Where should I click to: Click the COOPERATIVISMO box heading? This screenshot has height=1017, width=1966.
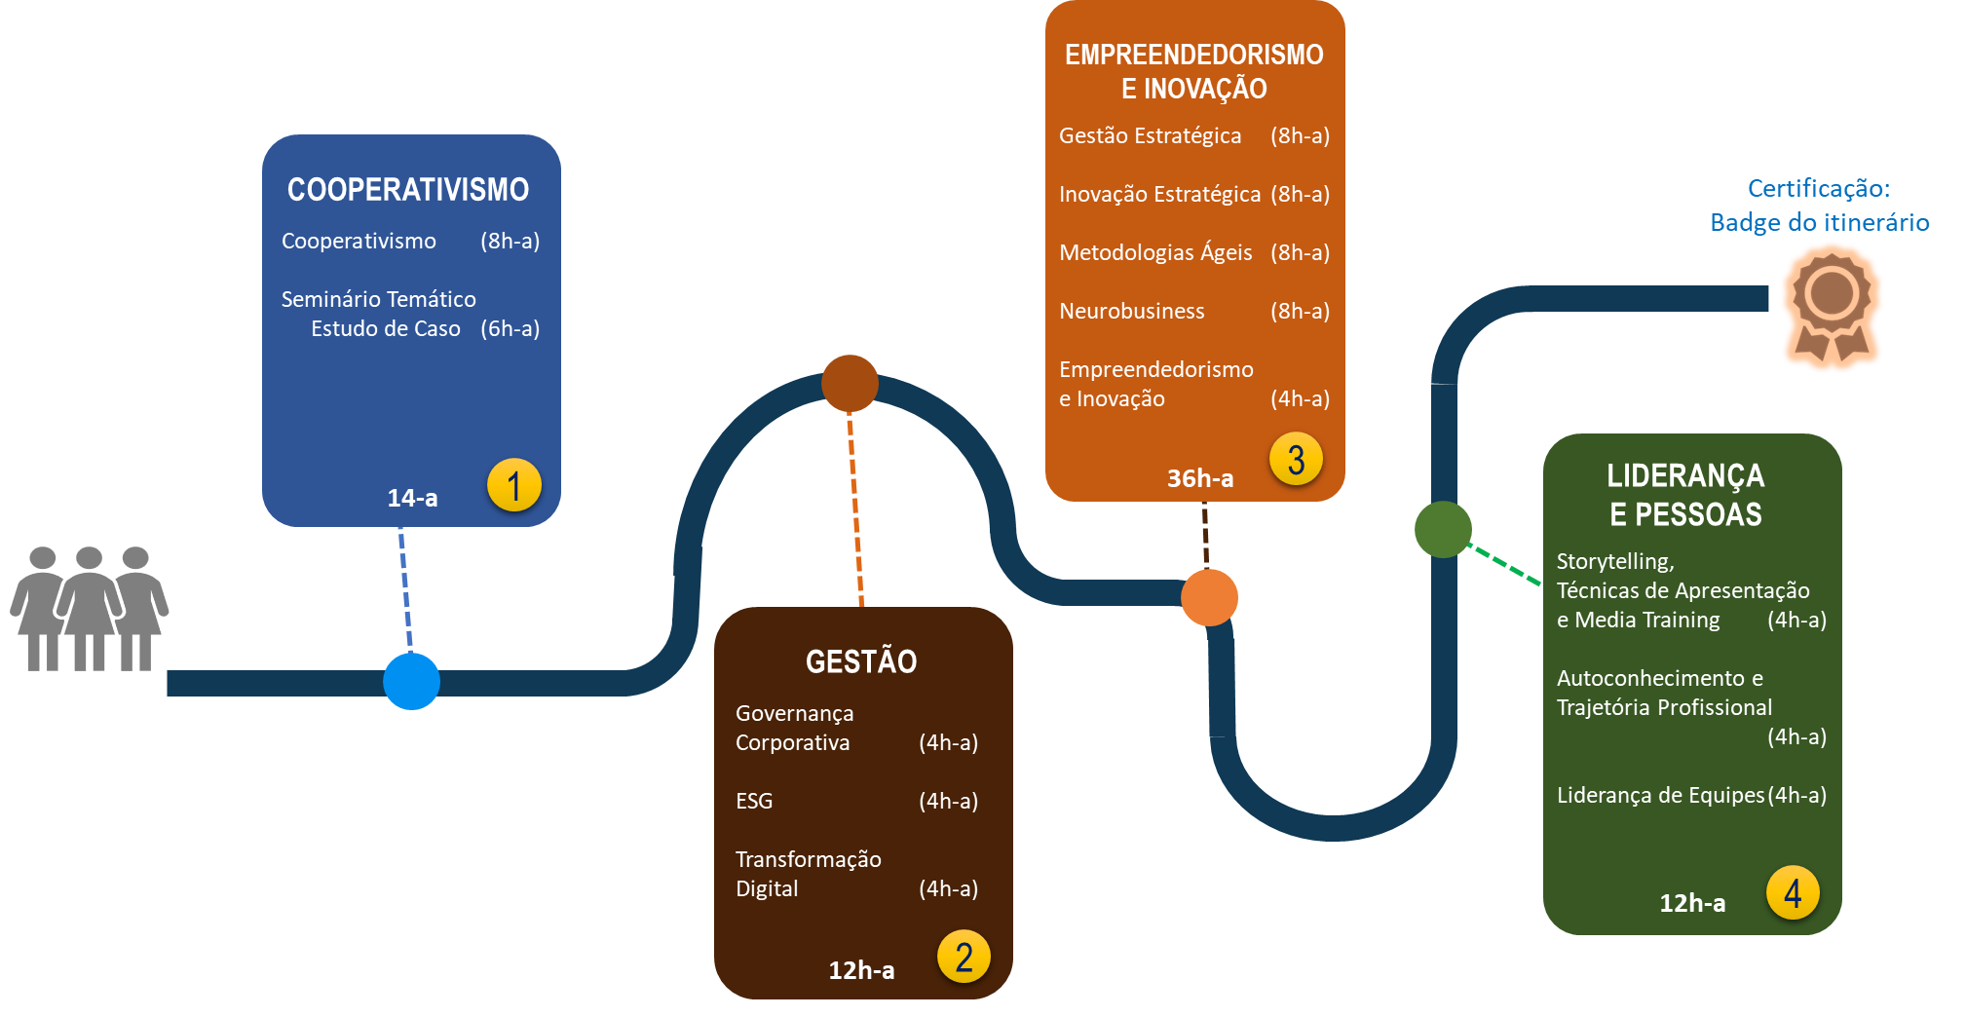[x=408, y=189]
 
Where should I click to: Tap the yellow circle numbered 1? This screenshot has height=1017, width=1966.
[x=514, y=485]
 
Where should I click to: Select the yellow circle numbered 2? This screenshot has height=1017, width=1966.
[x=964, y=957]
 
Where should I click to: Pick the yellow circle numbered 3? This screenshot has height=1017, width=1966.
[x=1296, y=460]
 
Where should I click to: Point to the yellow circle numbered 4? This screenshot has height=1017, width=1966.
[x=1793, y=892]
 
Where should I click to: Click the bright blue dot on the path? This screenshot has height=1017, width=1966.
[x=411, y=681]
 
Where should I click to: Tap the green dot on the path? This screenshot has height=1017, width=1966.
[x=1443, y=529]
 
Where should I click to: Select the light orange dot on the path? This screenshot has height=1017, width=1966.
[x=1209, y=597]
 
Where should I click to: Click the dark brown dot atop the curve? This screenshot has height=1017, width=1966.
[x=850, y=383]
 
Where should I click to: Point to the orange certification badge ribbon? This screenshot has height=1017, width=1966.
[x=1832, y=306]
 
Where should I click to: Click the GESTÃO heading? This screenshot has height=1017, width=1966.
[x=861, y=661]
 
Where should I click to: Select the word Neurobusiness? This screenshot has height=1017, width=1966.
[x=1132, y=311]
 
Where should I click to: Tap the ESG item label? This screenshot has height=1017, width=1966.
[x=754, y=801]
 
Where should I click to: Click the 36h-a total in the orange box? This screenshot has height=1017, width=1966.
[x=1200, y=478]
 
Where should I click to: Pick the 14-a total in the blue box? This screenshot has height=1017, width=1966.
[x=412, y=498]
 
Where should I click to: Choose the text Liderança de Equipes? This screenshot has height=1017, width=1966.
[x=1660, y=795]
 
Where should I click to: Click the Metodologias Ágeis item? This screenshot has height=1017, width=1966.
[x=1155, y=252]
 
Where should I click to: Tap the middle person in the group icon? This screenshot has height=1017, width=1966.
[x=89, y=609]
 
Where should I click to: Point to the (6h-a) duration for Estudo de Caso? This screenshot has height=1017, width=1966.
[x=510, y=328]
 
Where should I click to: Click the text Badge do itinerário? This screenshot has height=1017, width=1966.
[x=1820, y=222]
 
